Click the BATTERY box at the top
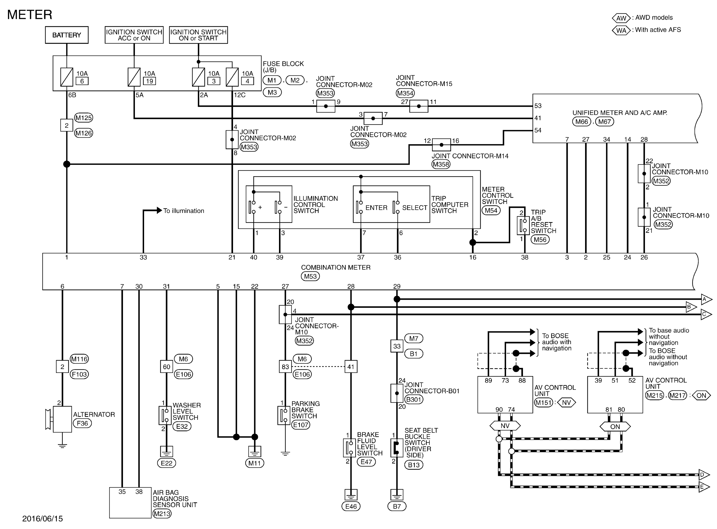(67, 35)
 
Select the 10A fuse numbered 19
(134, 77)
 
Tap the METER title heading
(30, 15)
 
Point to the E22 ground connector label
(166, 463)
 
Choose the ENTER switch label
(376, 208)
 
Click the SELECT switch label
(415, 208)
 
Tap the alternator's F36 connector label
(82, 423)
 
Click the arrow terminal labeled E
(705, 487)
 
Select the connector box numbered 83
(285, 367)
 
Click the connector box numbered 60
(166, 367)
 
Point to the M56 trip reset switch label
(540, 239)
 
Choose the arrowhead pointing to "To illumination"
(159, 210)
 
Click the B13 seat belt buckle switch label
(414, 465)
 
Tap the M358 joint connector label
(441, 164)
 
